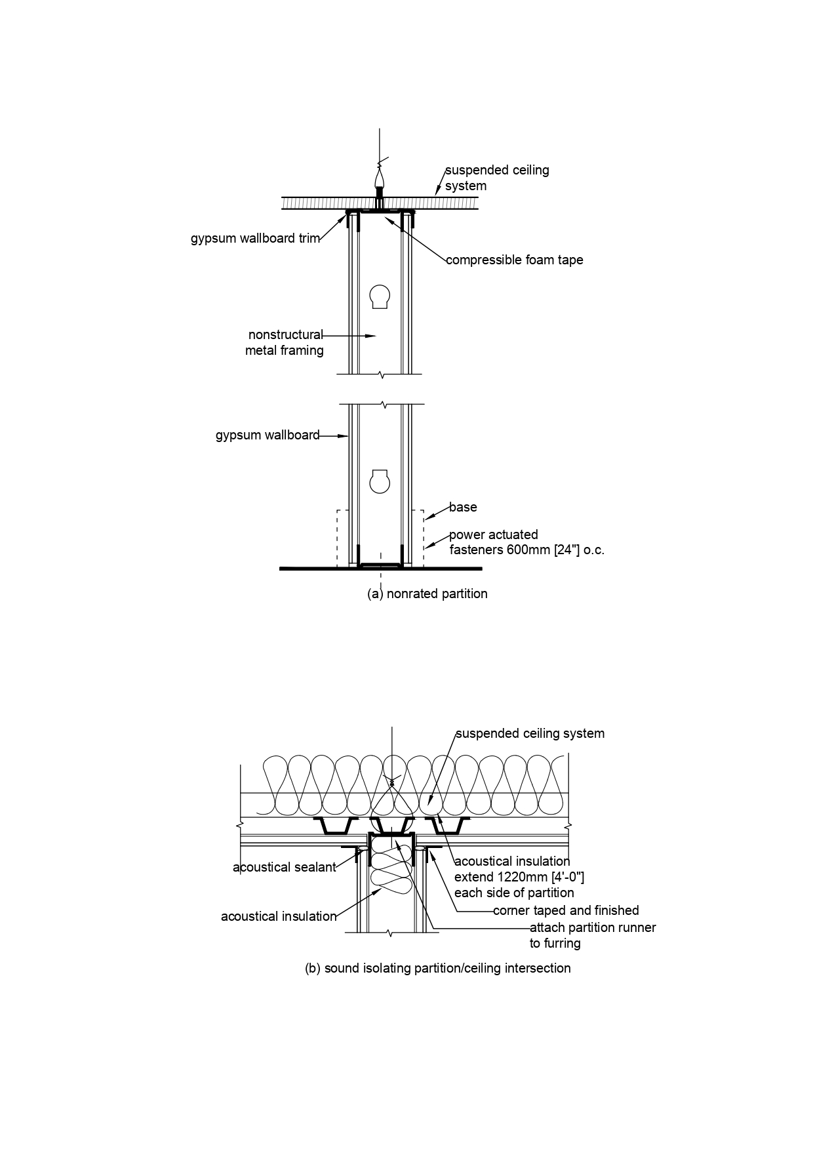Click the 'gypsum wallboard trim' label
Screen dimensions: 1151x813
(255, 238)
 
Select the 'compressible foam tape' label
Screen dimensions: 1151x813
(514, 260)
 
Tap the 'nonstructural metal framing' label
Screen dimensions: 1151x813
(285, 342)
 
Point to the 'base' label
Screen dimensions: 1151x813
(463, 507)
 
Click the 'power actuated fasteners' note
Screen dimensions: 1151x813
(526, 542)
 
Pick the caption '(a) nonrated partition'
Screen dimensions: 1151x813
(427, 594)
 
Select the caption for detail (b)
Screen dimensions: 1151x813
(437, 968)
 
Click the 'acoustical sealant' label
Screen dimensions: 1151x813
(284, 867)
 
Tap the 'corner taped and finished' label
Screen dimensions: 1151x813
(565, 910)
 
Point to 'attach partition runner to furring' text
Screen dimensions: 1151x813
(592, 935)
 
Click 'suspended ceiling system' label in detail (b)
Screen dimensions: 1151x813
(530, 733)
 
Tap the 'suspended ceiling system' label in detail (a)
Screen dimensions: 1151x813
(496, 178)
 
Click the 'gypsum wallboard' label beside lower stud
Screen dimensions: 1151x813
(268, 435)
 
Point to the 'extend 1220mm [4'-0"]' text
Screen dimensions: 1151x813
(519, 877)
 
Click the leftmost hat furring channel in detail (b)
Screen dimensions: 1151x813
(335, 826)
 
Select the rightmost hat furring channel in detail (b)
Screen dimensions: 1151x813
(446, 826)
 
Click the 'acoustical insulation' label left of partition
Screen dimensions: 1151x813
(279, 916)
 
